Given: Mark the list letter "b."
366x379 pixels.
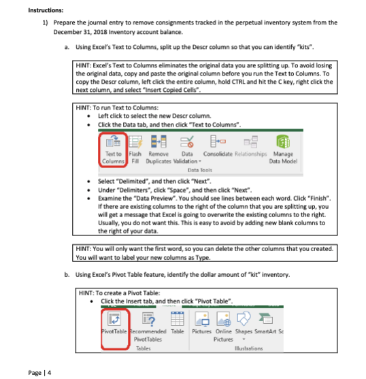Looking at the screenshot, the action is point(65,276).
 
